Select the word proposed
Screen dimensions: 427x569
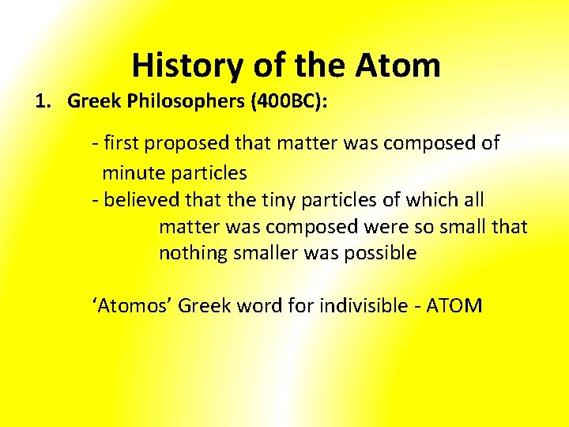(x=190, y=143)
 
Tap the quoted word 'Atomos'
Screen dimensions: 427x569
(x=133, y=305)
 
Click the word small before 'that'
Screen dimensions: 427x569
(x=461, y=226)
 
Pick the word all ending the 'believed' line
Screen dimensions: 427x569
(x=472, y=199)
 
